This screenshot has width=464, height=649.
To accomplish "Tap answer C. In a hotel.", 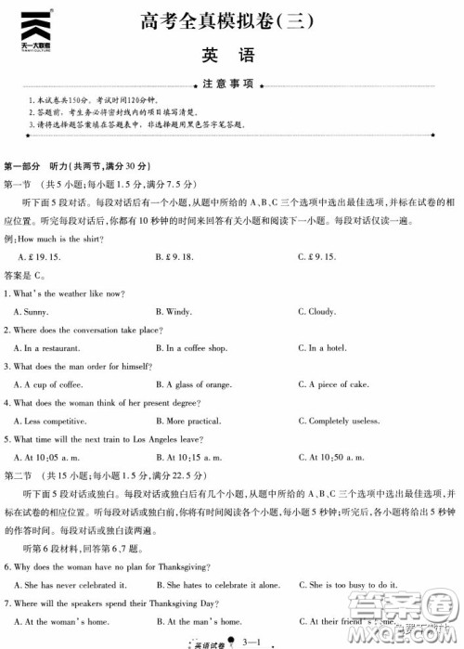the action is (322, 348).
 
